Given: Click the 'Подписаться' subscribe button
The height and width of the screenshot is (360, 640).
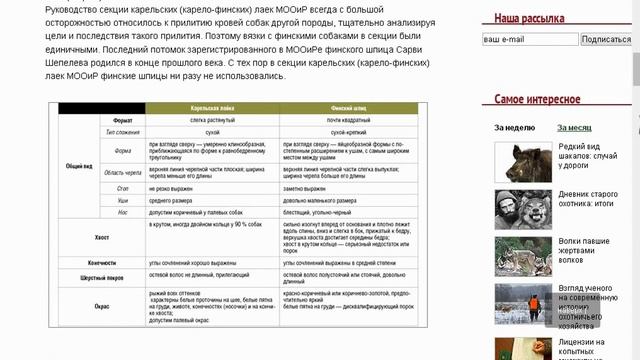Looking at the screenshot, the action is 605,39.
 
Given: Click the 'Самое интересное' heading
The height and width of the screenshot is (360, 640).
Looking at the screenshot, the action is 538,99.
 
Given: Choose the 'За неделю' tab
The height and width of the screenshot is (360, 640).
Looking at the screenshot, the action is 513,127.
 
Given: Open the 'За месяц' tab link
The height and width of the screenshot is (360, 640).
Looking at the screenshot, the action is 575,127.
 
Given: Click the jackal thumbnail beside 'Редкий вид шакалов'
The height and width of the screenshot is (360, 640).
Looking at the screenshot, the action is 517,159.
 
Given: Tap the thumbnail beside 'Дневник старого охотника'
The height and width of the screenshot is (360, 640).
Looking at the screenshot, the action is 517,204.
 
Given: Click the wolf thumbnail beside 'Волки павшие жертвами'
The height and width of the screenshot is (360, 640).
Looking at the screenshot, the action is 517,249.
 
